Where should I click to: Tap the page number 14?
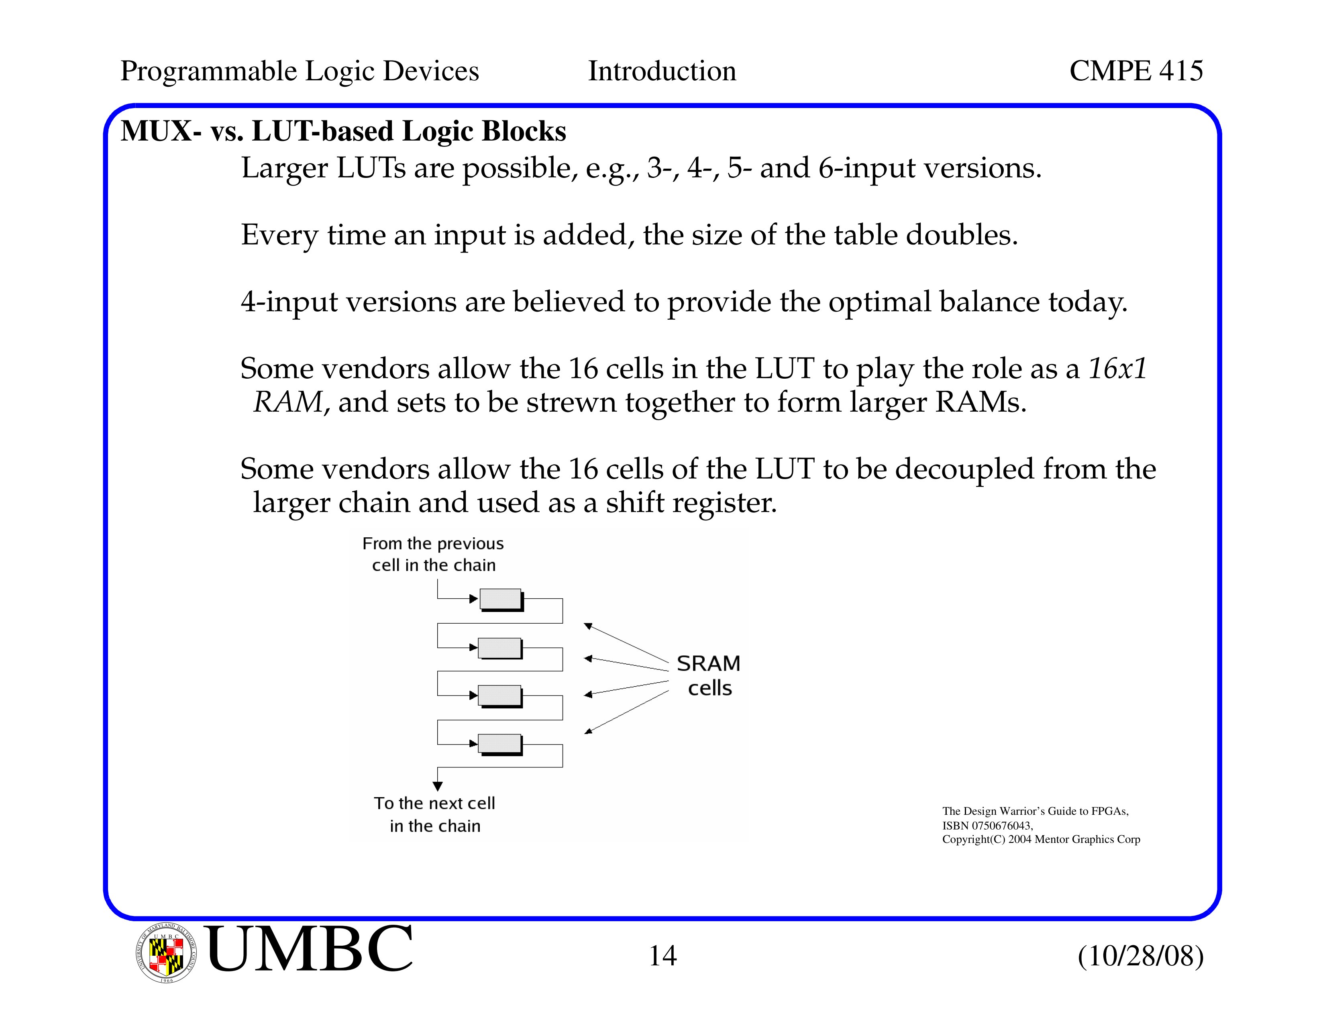(x=662, y=956)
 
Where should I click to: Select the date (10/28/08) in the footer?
(x=1141, y=956)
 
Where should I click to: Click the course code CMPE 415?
(x=1136, y=71)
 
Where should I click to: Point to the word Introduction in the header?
(x=662, y=71)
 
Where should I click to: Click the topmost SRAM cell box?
(x=501, y=600)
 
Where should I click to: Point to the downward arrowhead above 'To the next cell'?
(x=437, y=786)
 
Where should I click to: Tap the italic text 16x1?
(x=1117, y=369)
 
